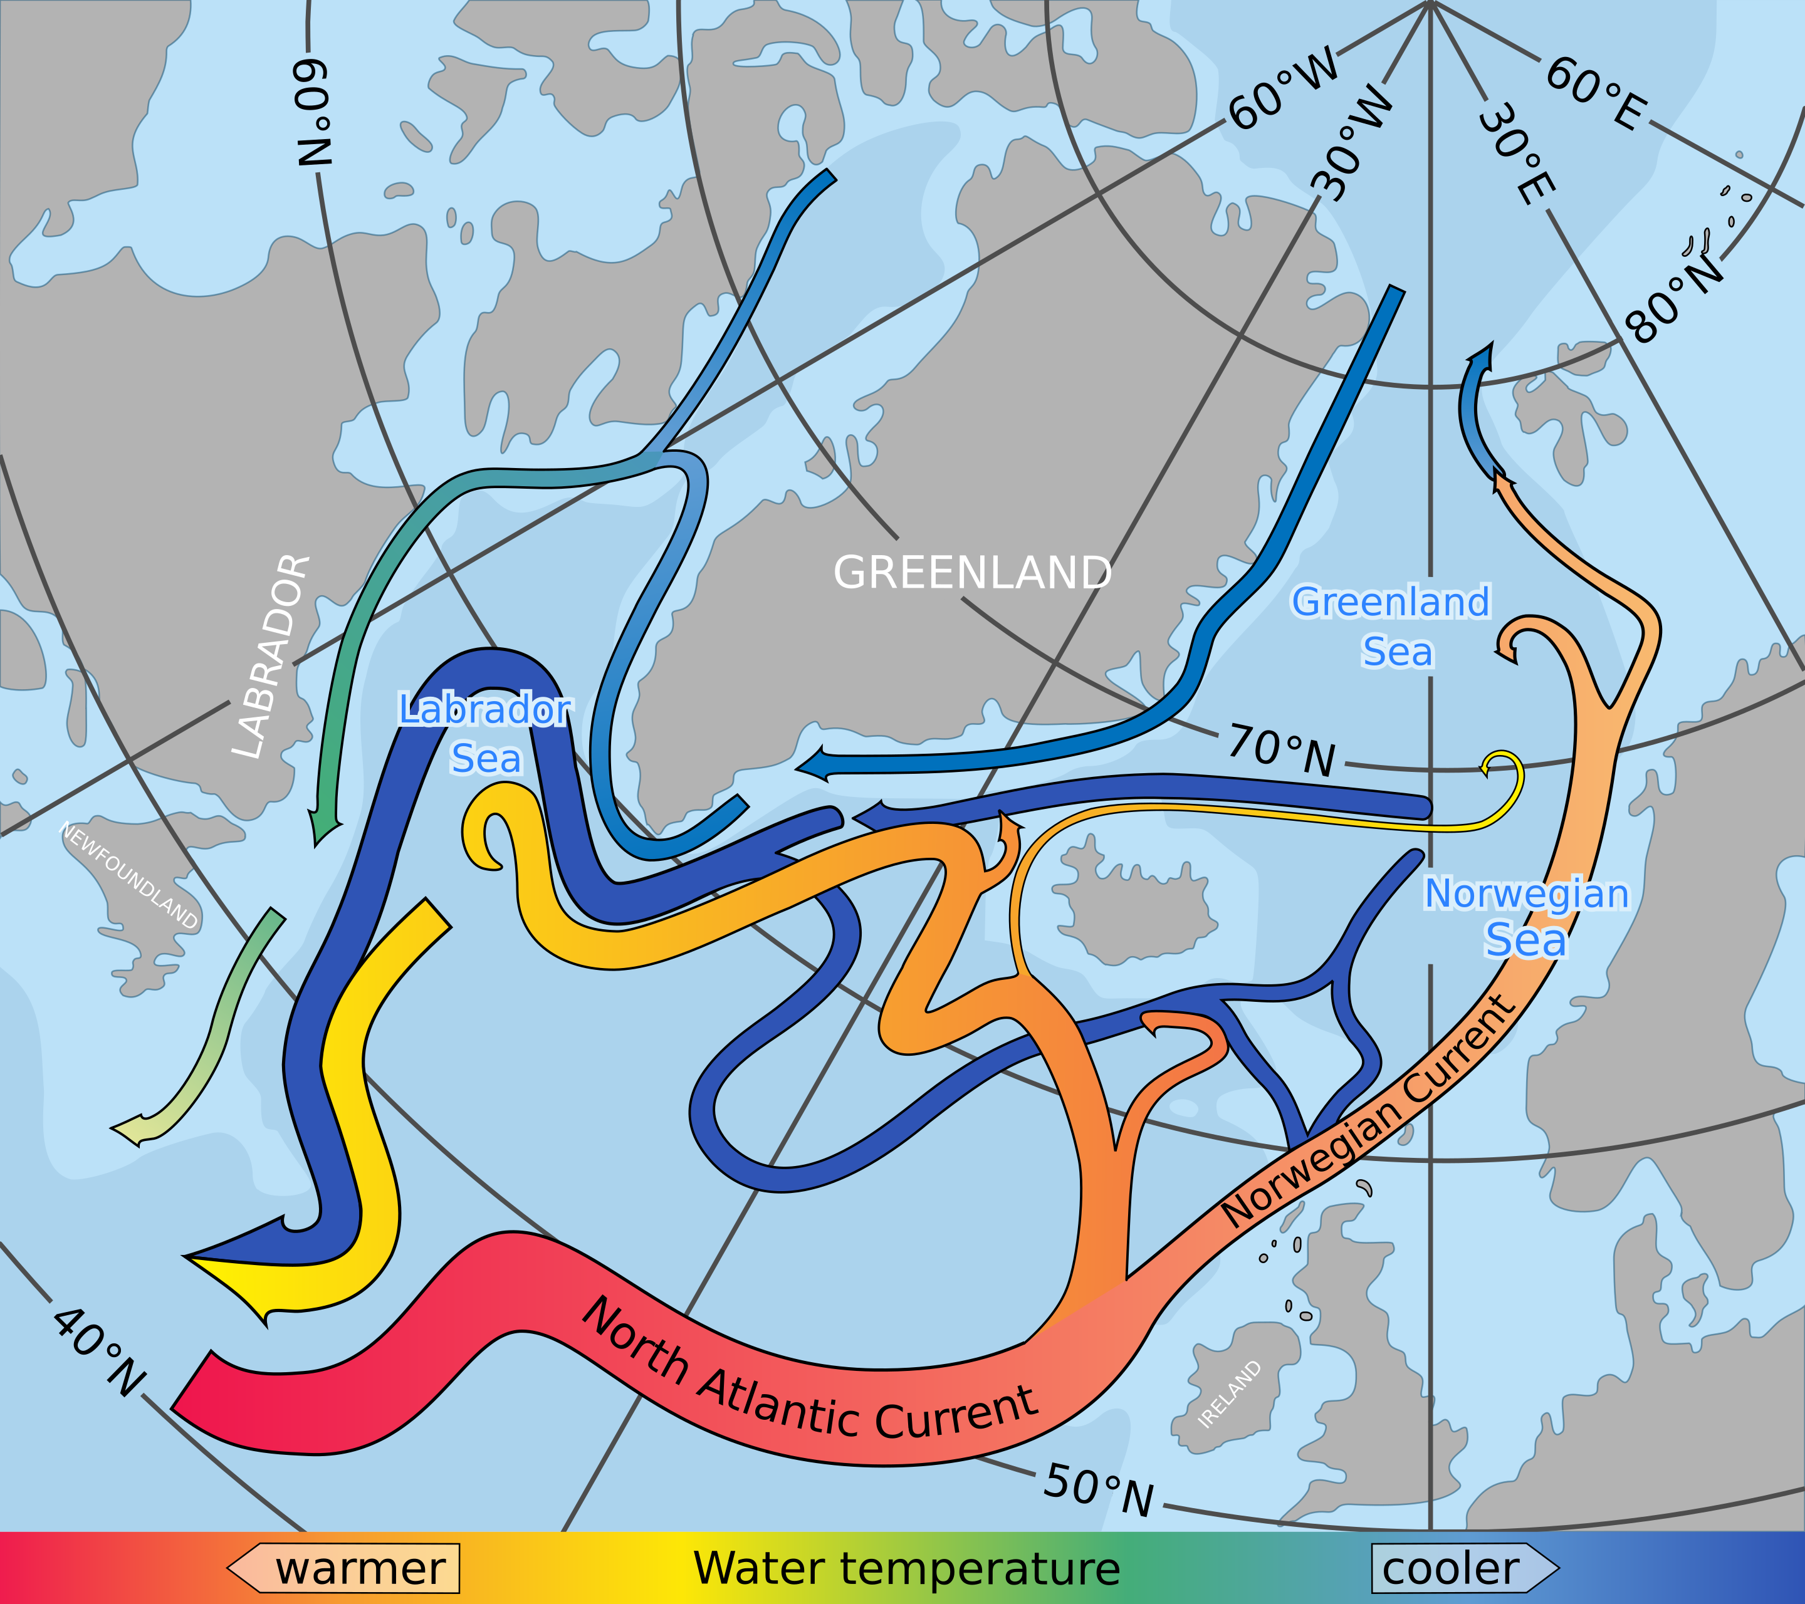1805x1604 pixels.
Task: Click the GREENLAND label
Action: (972, 574)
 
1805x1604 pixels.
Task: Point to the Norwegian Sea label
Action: (1527, 917)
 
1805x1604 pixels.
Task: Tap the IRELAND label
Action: (1229, 1394)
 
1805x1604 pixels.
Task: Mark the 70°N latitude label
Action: (1282, 751)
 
